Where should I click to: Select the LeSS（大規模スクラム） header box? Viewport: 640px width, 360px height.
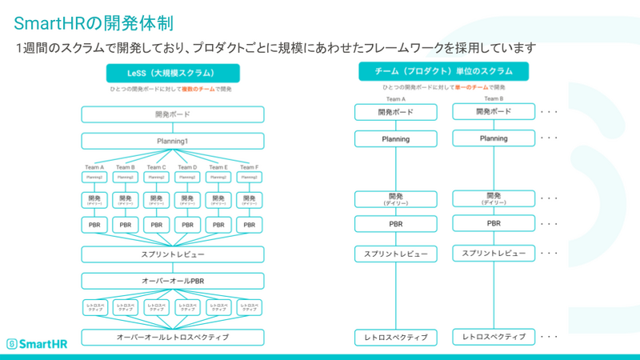coord(172,73)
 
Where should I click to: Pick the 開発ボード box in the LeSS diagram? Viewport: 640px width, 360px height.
coord(172,114)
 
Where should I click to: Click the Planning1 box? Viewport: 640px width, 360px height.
coord(172,141)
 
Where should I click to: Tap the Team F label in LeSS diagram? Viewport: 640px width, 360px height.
coord(250,167)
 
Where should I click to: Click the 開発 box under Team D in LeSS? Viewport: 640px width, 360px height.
coord(187,200)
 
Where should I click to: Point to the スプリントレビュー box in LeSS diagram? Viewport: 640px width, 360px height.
coord(172,254)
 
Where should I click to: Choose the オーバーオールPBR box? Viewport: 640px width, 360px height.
coord(172,281)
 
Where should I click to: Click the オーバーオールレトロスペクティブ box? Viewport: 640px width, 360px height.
coord(172,337)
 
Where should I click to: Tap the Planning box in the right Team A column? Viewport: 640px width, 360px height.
coord(396,138)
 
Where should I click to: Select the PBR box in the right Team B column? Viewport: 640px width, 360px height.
coord(494,223)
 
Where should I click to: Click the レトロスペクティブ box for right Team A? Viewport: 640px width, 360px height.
coord(396,337)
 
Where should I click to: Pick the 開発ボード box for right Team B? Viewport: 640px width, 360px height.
coord(494,112)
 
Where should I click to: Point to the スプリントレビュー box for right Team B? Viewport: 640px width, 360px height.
coord(494,253)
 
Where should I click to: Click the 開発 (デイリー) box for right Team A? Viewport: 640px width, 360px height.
coord(396,198)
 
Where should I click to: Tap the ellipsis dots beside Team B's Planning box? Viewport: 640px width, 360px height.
coord(549,138)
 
